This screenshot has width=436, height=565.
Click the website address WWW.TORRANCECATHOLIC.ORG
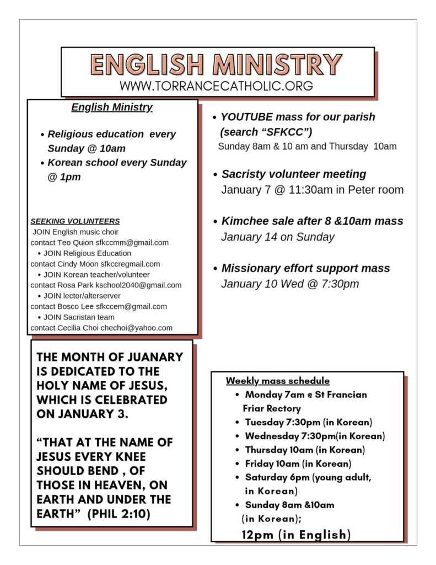216,86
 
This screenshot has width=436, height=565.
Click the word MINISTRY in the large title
278,65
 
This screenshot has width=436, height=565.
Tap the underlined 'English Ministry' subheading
112,107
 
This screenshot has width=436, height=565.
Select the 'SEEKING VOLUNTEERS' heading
75,221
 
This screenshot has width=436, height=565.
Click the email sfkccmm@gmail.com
132,242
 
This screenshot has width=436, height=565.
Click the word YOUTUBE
244,117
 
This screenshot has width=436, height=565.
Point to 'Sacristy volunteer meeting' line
293,174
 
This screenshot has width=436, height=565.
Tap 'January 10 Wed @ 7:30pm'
289,284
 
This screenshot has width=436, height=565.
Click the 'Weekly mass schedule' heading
278,381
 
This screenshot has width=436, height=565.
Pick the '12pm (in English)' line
296,534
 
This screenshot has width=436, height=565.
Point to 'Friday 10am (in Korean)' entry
298,463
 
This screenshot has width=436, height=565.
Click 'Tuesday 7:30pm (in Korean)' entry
308,422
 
